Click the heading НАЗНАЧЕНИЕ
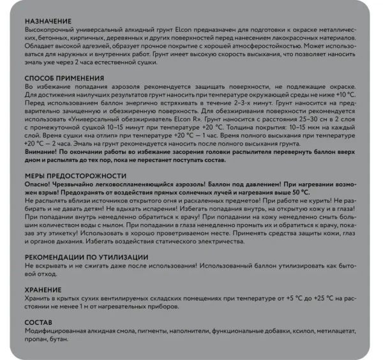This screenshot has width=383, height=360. click(x=49, y=21)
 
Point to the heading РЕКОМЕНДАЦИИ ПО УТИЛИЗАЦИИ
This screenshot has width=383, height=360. click(x=87, y=256)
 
